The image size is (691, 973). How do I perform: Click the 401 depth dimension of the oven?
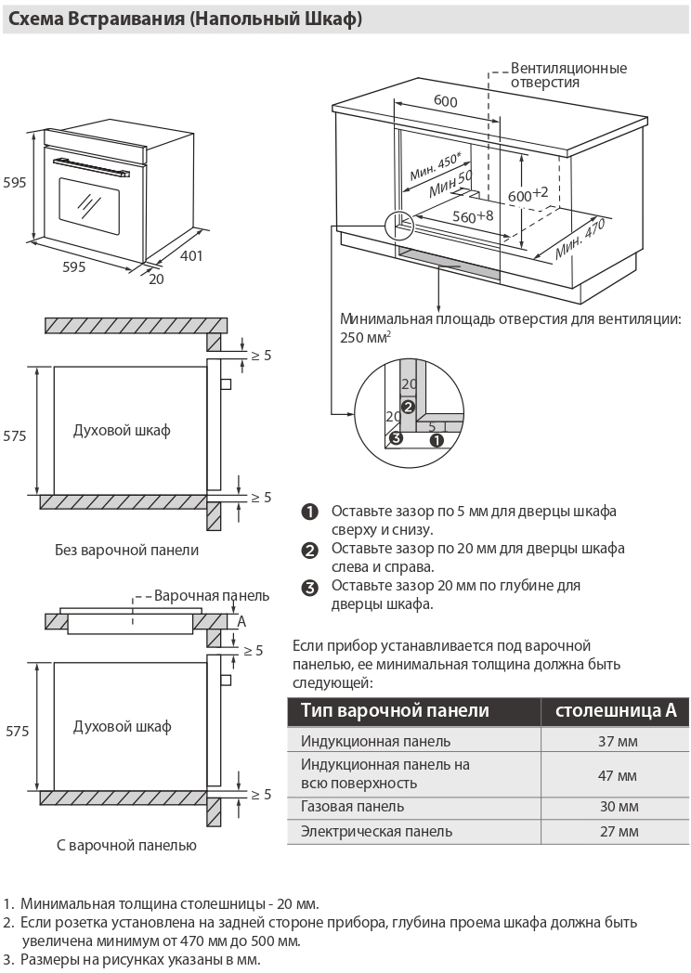coord(190,256)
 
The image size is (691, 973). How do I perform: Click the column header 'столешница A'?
coord(616,710)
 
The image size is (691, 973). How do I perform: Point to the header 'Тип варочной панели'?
coord(395,710)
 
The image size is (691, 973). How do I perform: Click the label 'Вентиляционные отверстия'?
coord(568,75)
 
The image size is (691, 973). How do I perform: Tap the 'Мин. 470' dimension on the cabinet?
coord(580,240)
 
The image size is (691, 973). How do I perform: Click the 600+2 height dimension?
coord(528,194)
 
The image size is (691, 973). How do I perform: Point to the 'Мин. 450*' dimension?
coord(436,166)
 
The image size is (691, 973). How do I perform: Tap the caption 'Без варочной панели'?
coord(127,550)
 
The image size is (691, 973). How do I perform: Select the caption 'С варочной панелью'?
coord(126,845)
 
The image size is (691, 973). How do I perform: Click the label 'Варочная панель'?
coord(212,595)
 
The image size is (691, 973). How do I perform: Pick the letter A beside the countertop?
coord(241,621)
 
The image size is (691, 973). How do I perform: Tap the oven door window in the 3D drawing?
coord(89,203)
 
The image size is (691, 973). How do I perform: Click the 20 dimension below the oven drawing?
coord(155,279)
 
